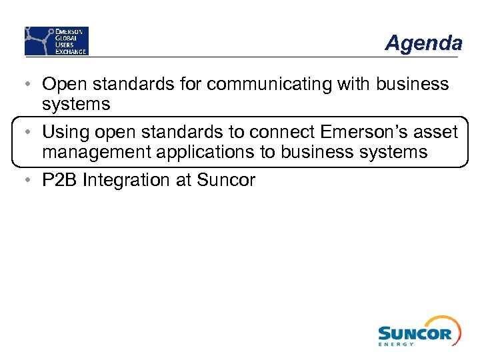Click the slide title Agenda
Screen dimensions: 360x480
(423, 43)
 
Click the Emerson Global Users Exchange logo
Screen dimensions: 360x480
(57, 41)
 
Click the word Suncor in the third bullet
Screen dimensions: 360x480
(226, 180)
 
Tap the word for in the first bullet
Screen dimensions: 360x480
(191, 85)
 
